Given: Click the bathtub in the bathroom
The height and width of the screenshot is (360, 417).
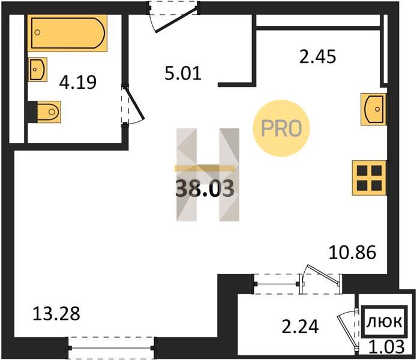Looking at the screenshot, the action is point(67,33).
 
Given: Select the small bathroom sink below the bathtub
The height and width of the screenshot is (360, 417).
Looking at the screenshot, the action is point(37,70).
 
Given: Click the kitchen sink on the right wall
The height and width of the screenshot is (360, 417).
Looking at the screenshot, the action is point(373,109).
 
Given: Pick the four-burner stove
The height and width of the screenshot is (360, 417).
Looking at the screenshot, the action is point(369,178).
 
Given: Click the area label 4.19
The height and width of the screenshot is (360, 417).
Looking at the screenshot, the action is point(77,82).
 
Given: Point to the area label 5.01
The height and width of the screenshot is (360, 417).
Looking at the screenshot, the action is point(183,73).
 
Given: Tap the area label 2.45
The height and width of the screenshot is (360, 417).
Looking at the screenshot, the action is point(317,56).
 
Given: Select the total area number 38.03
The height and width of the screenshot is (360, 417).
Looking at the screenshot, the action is point(205,188).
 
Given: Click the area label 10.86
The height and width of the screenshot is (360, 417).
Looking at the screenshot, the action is point(352,253).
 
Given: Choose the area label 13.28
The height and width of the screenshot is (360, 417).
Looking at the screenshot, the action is point(56,313).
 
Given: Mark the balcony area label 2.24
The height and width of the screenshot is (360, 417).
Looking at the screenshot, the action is point(300,326).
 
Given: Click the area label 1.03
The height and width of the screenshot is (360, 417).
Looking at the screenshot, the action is point(386,347).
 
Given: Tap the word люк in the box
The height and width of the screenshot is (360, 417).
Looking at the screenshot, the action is point(385,322).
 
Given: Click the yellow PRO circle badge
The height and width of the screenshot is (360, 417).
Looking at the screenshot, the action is point(281,128).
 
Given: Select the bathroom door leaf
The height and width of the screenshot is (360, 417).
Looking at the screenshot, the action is point(134,104).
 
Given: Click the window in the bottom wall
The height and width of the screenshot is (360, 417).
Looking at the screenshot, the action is point(111,348).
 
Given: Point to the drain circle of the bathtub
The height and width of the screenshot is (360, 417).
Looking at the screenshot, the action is point(37,32).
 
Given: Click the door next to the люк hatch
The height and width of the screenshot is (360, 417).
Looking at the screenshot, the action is point(347,329).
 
